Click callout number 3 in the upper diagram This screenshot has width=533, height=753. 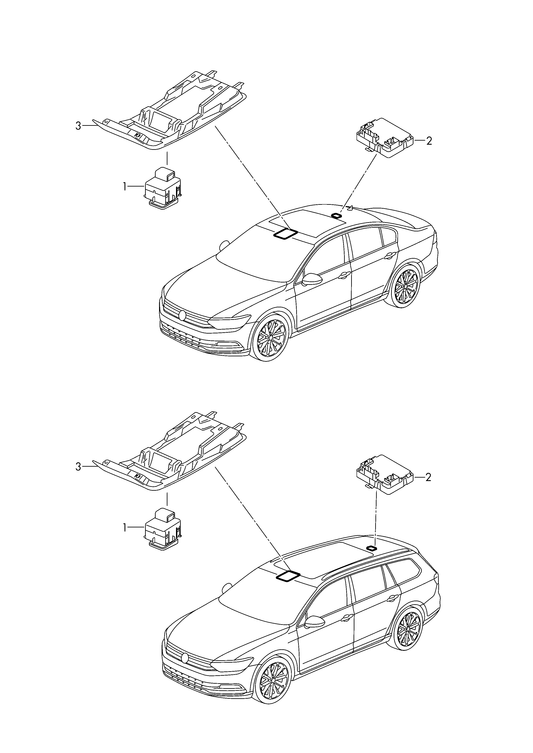(x=78, y=126)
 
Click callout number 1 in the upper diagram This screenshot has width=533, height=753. (x=125, y=187)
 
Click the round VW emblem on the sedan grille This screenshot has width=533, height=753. (x=182, y=315)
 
